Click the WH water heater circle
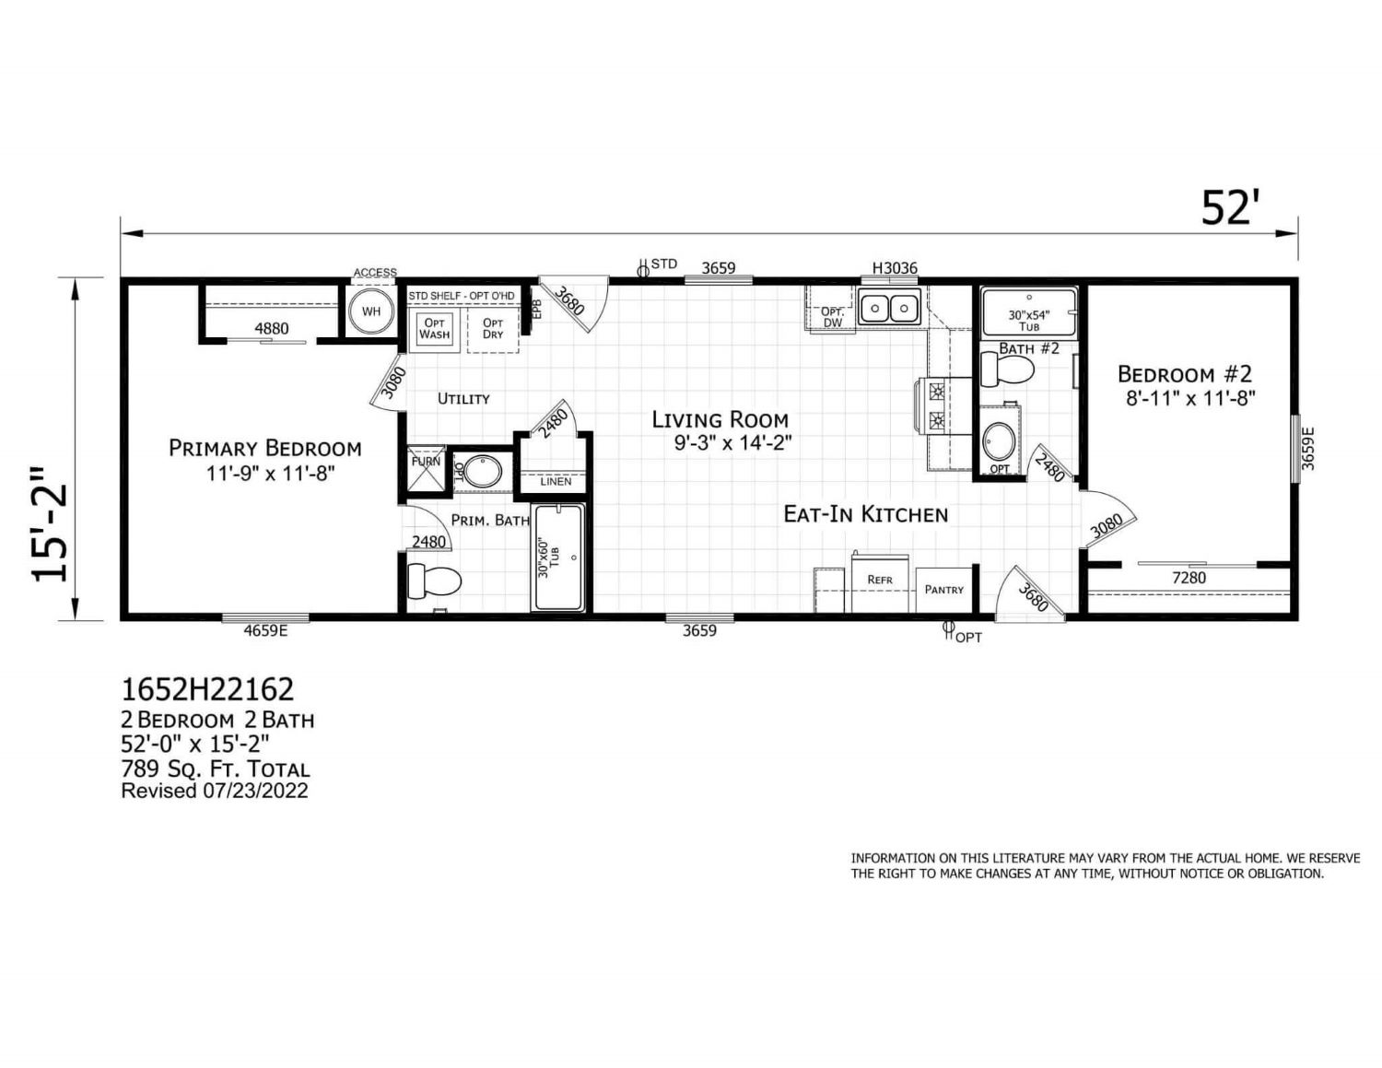click(370, 311)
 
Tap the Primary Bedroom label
click(265, 449)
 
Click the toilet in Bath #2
click(1007, 369)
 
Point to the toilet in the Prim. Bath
click(434, 581)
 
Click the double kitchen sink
click(888, 308)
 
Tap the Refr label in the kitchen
click(880, 580)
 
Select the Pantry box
click(944, 590)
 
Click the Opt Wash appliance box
click(434, 330)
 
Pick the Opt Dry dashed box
click(493, 330)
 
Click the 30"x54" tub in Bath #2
click(1028, 311)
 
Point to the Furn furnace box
click(426, 469)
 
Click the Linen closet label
click(556, 482)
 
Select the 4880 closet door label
click(272, 328)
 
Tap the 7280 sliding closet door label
click(1189, 578)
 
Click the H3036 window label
click(895, 268)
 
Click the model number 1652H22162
click(208, 689)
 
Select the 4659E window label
click(266, 630)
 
